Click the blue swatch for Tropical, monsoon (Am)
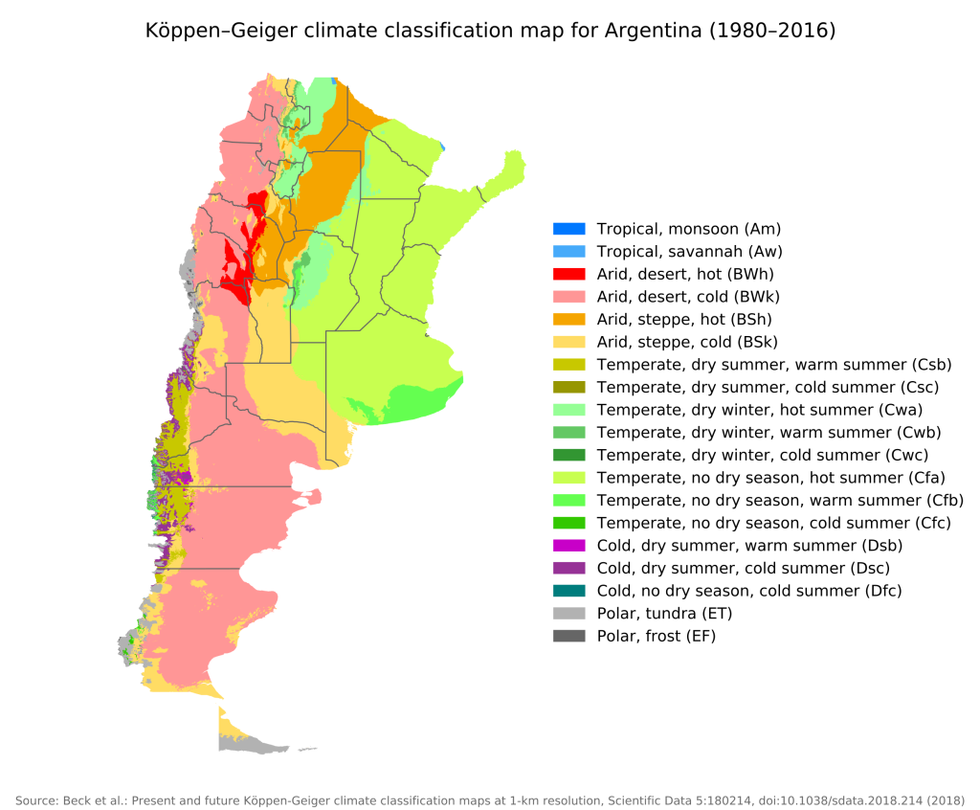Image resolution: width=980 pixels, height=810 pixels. (568, 229)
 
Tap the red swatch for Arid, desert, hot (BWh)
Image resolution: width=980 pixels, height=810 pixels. (568, 274)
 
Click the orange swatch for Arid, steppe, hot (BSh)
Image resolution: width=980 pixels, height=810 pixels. (568, 319)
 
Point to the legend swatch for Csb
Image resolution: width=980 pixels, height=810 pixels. (568, 365)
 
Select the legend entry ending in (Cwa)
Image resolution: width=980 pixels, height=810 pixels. (759, 410)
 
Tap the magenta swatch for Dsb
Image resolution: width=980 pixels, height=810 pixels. (568, 546)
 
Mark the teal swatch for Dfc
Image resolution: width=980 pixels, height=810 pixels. (568, 591)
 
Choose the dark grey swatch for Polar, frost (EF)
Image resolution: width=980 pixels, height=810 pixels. (568, 636)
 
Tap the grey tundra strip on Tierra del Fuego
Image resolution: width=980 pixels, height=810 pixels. (258, 745)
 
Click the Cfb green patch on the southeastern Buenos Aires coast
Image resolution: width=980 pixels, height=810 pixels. (421, 396)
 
